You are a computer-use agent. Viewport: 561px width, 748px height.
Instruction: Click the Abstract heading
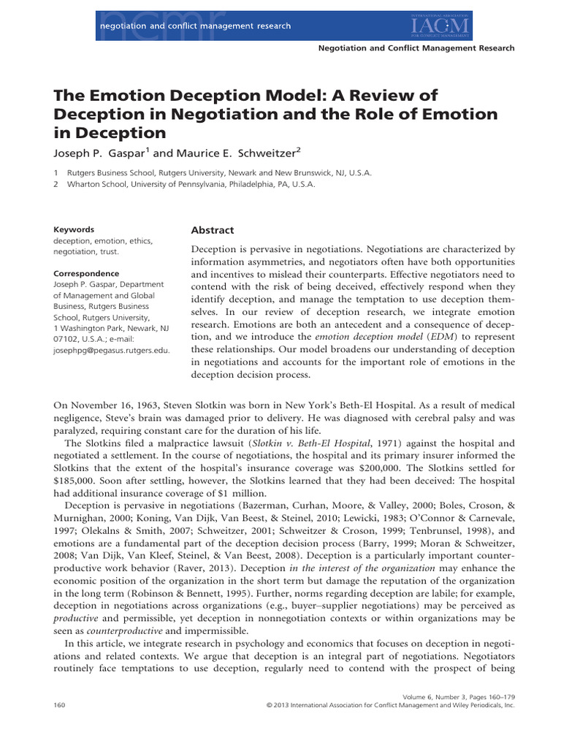point(213,230)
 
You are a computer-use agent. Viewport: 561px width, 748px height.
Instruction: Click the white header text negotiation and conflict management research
point(189,26)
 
